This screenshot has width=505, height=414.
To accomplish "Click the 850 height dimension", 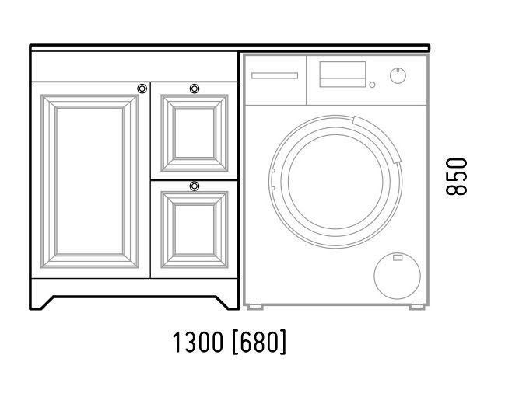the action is [457, 176].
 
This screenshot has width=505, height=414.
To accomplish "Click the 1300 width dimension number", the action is [198, 342].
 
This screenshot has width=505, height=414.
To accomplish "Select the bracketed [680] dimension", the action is [259, 342].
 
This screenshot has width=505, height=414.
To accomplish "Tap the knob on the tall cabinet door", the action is [142, 89].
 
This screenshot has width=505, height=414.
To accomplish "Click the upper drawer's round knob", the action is [195, 89].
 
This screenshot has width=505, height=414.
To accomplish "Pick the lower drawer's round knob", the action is [195, 186].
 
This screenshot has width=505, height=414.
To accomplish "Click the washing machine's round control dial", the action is [398, 76].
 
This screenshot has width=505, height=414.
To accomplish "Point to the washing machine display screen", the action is [342, 75].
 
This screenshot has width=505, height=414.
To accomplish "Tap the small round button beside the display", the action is [372, 85].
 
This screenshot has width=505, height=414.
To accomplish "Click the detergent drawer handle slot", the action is [275, 76].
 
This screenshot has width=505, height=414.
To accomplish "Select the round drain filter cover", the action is [398, 276].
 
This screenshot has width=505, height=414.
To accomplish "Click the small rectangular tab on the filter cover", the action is [398, 258].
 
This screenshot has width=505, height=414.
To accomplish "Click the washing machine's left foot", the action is [255, 308].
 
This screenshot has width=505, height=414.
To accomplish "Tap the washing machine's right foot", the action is [417, 308].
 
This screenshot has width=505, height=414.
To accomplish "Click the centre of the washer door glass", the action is [335, 182].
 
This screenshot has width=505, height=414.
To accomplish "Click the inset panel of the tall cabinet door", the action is [89, 181].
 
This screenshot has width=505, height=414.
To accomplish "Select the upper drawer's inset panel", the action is [195, 133].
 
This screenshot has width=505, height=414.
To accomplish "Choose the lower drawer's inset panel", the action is [195, 230].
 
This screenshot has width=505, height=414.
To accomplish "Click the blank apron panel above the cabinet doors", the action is [135, 67].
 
